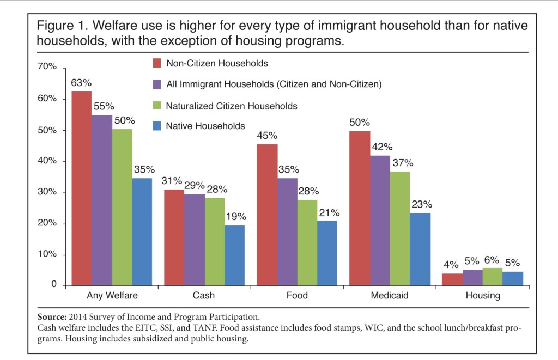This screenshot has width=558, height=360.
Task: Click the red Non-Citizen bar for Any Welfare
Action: [81, 188]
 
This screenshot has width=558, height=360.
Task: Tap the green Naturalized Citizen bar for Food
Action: [308, 242]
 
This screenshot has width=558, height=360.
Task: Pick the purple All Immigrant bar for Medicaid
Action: [379, 220]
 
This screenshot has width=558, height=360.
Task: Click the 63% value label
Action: [81, 83]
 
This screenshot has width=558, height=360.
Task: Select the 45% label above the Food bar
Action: [268, 136]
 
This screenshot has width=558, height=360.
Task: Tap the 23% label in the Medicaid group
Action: [421, 205]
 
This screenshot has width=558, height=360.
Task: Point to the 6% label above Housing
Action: [492, 260]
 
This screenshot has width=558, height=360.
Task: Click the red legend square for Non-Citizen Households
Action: [155, 63]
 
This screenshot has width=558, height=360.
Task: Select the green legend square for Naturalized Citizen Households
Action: [155, 105]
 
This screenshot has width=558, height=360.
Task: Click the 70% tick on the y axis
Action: [47, 67]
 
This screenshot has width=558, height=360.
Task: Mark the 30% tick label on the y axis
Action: [47, 192]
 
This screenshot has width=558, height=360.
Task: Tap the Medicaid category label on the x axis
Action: [389, 296]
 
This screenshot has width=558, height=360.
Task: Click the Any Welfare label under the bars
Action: [112, 296]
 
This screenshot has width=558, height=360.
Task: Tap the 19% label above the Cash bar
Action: [235, 216]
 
